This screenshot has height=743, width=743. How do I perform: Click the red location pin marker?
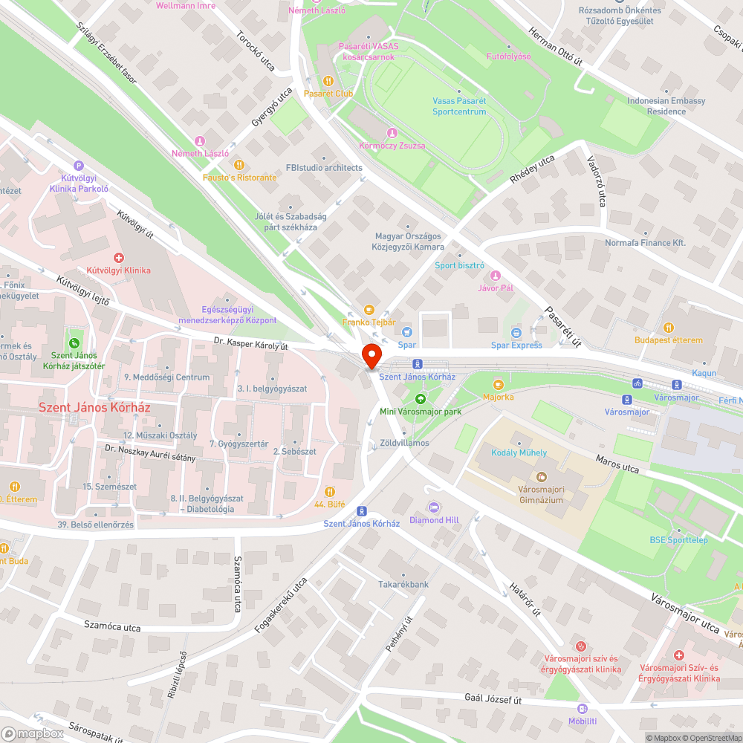[x=371, y=354]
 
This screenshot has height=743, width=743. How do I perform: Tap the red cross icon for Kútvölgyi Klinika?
[x=119, y=257]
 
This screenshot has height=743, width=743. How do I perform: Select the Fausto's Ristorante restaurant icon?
[x=239, y=165]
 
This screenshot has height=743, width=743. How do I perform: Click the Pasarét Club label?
[x=328, y=94]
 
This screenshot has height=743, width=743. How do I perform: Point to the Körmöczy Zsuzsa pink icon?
[x=392, y=133]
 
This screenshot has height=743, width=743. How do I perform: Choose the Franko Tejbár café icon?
[x=368, y=310]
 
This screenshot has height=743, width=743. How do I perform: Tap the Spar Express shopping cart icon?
[x=516, y=332]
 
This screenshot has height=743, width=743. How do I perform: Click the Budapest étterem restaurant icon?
[x=668, y=327]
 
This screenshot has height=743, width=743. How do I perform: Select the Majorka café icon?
[x=498, y=385]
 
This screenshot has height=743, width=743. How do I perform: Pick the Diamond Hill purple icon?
[x=434, y=507]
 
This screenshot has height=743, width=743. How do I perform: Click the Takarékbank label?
[x=403, y=584]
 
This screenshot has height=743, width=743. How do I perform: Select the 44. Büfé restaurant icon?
[x=329, y=491]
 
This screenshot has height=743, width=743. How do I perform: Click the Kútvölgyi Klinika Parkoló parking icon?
[x=79, y=166]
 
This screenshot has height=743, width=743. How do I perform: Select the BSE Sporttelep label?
[x=678, y=539]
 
